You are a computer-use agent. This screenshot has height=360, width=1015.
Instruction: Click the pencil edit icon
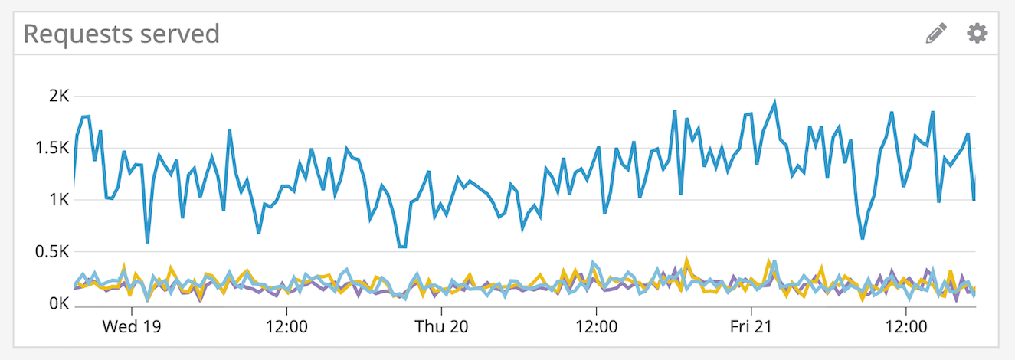tap(936, 33)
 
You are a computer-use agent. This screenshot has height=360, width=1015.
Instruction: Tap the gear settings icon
tap(977, 33)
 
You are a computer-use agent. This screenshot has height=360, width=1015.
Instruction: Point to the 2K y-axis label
tap(59, 97)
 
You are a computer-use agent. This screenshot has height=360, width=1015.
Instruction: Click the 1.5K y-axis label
tap(52, 148)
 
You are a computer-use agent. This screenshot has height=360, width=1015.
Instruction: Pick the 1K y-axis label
tap(59, 200)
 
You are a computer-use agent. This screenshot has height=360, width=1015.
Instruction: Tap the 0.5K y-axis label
tap(52, 252)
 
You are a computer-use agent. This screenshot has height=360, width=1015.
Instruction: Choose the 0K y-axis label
tap(59, 304)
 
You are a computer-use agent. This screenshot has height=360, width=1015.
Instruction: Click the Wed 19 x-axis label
tap(131, 326)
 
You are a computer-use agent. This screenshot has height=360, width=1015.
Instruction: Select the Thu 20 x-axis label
tap(440, 326)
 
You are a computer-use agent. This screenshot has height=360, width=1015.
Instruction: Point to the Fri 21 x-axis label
tap(751, 326)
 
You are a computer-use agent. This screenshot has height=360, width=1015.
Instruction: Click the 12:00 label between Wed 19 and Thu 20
tap(286, 326)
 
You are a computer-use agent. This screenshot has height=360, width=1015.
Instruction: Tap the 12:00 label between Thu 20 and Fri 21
tap(596, 326)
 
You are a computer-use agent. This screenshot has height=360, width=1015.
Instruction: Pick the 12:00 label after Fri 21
tap(905, 326)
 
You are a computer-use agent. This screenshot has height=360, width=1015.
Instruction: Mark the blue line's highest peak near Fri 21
tap(775, 102)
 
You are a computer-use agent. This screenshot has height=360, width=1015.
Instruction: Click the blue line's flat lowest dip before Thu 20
tap(401, 247)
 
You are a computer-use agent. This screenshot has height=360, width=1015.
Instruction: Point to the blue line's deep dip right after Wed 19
tap(147, 242)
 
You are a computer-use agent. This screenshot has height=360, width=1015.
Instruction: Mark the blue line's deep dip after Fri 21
tap(863, 238)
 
